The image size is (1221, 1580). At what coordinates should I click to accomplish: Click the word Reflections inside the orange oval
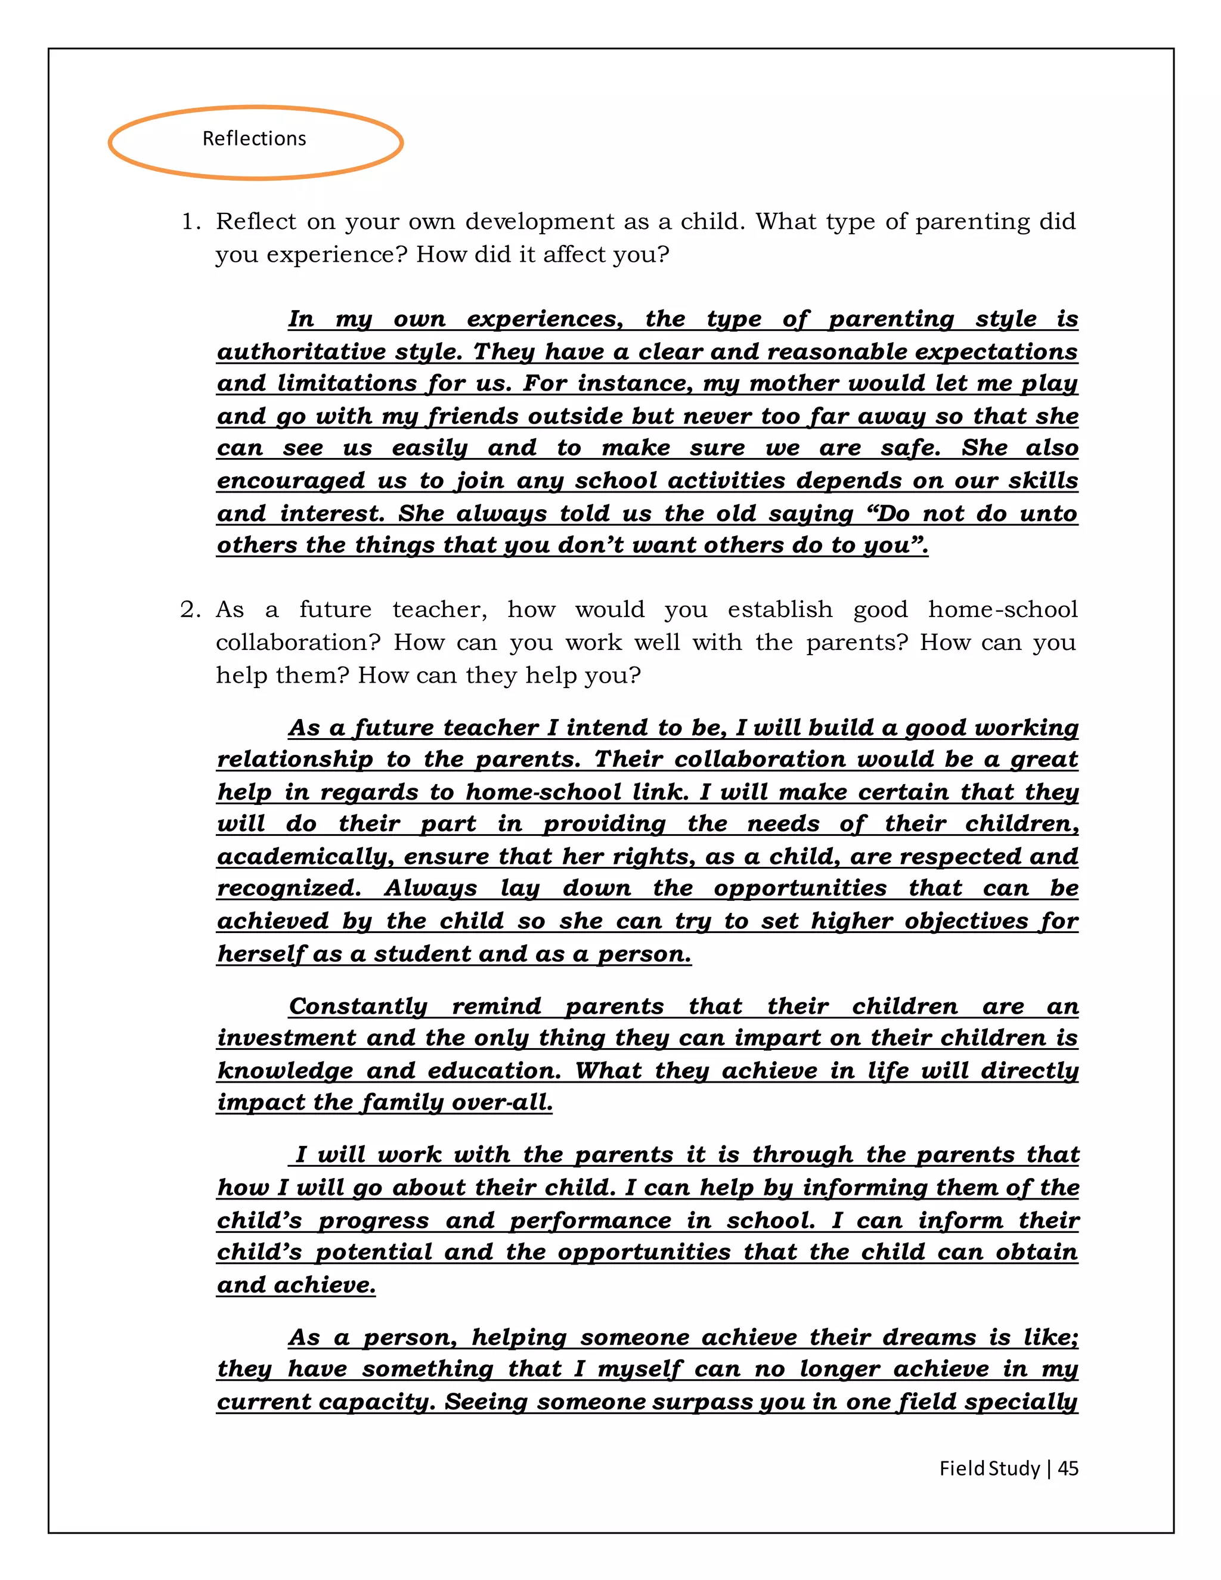[x=254, y=138]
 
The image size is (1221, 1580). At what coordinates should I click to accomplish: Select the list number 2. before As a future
[x=190, y=610]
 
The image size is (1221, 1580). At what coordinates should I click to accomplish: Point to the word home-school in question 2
[x=1003, y=610]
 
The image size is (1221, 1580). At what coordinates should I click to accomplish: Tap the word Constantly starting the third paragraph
[x=358, y=1006]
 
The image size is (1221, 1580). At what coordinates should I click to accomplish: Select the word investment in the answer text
[x=286, y=1038]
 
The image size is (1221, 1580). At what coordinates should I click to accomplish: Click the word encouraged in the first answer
[x=291, y=481]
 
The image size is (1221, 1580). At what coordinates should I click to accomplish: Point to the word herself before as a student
[x=261, y=954]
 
